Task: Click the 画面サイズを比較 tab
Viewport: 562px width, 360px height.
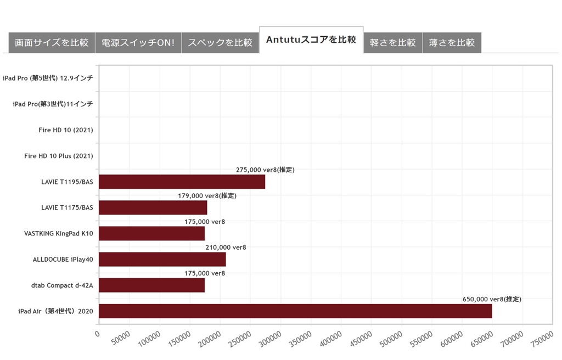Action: pos(52,43)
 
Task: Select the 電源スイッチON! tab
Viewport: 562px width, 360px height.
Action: pos(138,43)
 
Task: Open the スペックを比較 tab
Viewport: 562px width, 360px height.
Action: pos(220,43)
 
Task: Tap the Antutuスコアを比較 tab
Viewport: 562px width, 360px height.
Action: pos(311,40)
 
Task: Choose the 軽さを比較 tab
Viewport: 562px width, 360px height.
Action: pos(393,43)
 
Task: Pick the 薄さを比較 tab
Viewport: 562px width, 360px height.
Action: pos(452,43)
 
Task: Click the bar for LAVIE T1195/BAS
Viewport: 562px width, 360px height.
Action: pos(182,182)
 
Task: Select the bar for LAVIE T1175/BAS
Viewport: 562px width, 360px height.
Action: pos(153,207)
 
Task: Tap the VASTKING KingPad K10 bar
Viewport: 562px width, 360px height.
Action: pos(151,233)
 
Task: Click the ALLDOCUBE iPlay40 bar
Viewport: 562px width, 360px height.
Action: pos(162,259)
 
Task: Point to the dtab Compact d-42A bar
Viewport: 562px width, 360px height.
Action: pos(151,285)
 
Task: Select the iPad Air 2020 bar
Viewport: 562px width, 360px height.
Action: pos(295,311)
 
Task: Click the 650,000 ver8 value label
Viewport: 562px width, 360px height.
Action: pos(491,299)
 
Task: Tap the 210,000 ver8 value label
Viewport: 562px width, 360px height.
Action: pos(226,248)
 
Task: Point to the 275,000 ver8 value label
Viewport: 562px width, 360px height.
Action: pos(265,170)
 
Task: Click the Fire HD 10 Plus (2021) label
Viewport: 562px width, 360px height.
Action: pos(58,156)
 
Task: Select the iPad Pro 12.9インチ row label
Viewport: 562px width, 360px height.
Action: pos(48,78)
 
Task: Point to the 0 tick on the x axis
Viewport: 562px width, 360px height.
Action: pos(97,333)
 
